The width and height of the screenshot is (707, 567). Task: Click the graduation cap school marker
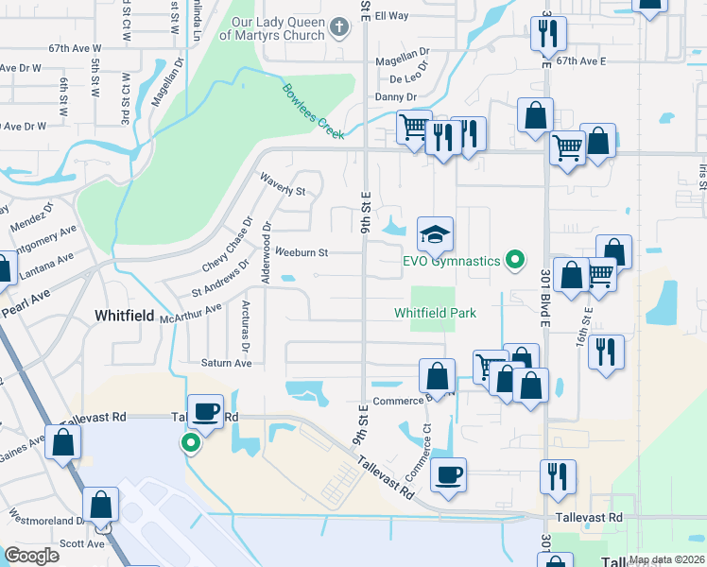(435, 233)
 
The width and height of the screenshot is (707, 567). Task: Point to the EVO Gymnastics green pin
(515, 258)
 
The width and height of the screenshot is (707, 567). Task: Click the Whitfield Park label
(435, 313)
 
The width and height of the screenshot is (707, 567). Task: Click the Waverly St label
(281, 184)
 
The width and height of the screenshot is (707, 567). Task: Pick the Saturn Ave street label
(226, 363)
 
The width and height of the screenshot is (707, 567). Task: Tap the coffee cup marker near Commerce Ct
(449, 473)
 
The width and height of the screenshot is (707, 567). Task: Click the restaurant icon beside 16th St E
(605, 351)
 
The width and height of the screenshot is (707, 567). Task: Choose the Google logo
(31, 556)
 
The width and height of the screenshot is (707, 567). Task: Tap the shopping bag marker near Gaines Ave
(62, 442)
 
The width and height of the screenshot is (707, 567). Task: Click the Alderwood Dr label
(268, 244)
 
